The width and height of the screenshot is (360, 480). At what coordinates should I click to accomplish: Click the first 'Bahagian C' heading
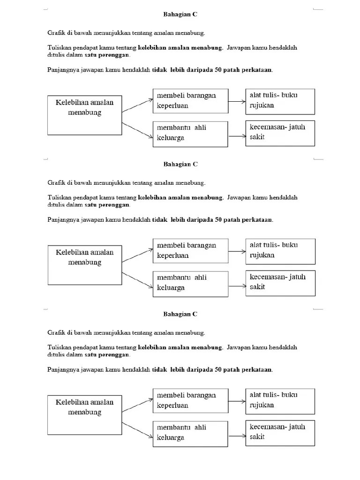pyautogui.click(x=180, y=15)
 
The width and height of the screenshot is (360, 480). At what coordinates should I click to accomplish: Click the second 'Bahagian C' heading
pyautogui.click(x=180, y=165)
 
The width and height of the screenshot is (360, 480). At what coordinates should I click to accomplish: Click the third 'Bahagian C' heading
pyautogui.click(x=180, y=314)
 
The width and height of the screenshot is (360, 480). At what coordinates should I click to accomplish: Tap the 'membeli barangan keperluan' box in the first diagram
pyautogui.click(x=190, y=100)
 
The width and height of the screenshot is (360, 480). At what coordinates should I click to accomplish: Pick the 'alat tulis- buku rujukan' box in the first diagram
pyautogui.click(x=280, y=101)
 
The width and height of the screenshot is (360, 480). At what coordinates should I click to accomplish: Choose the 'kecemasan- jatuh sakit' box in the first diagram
pyautogui.click(x=280, y=133)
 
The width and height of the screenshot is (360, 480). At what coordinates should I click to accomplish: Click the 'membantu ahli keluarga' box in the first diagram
pyautogui.click(x=190, y=134)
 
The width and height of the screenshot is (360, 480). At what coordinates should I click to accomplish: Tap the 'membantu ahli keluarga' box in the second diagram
pyautogui.click(x=190, y=283)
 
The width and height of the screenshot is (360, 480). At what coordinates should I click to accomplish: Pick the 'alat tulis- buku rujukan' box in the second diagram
pyautogui.click(x=280, y=251)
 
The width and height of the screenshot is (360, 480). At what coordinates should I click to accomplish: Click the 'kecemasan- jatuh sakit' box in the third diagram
pyautogui.click(x=280, y=432)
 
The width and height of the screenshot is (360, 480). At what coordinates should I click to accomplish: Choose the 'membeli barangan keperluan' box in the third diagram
pyautogui.click(x=190, y=400)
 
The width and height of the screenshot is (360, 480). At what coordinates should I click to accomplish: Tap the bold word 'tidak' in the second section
pyautogui.click(x=160, y=220)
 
